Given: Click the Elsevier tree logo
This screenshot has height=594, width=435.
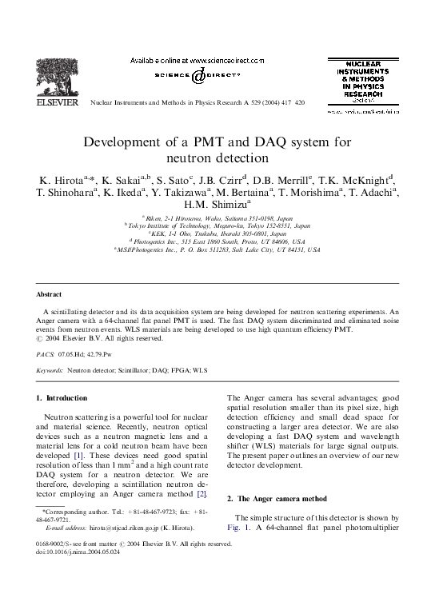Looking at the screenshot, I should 58,78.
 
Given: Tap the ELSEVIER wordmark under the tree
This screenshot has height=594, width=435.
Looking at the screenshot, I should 58,102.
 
